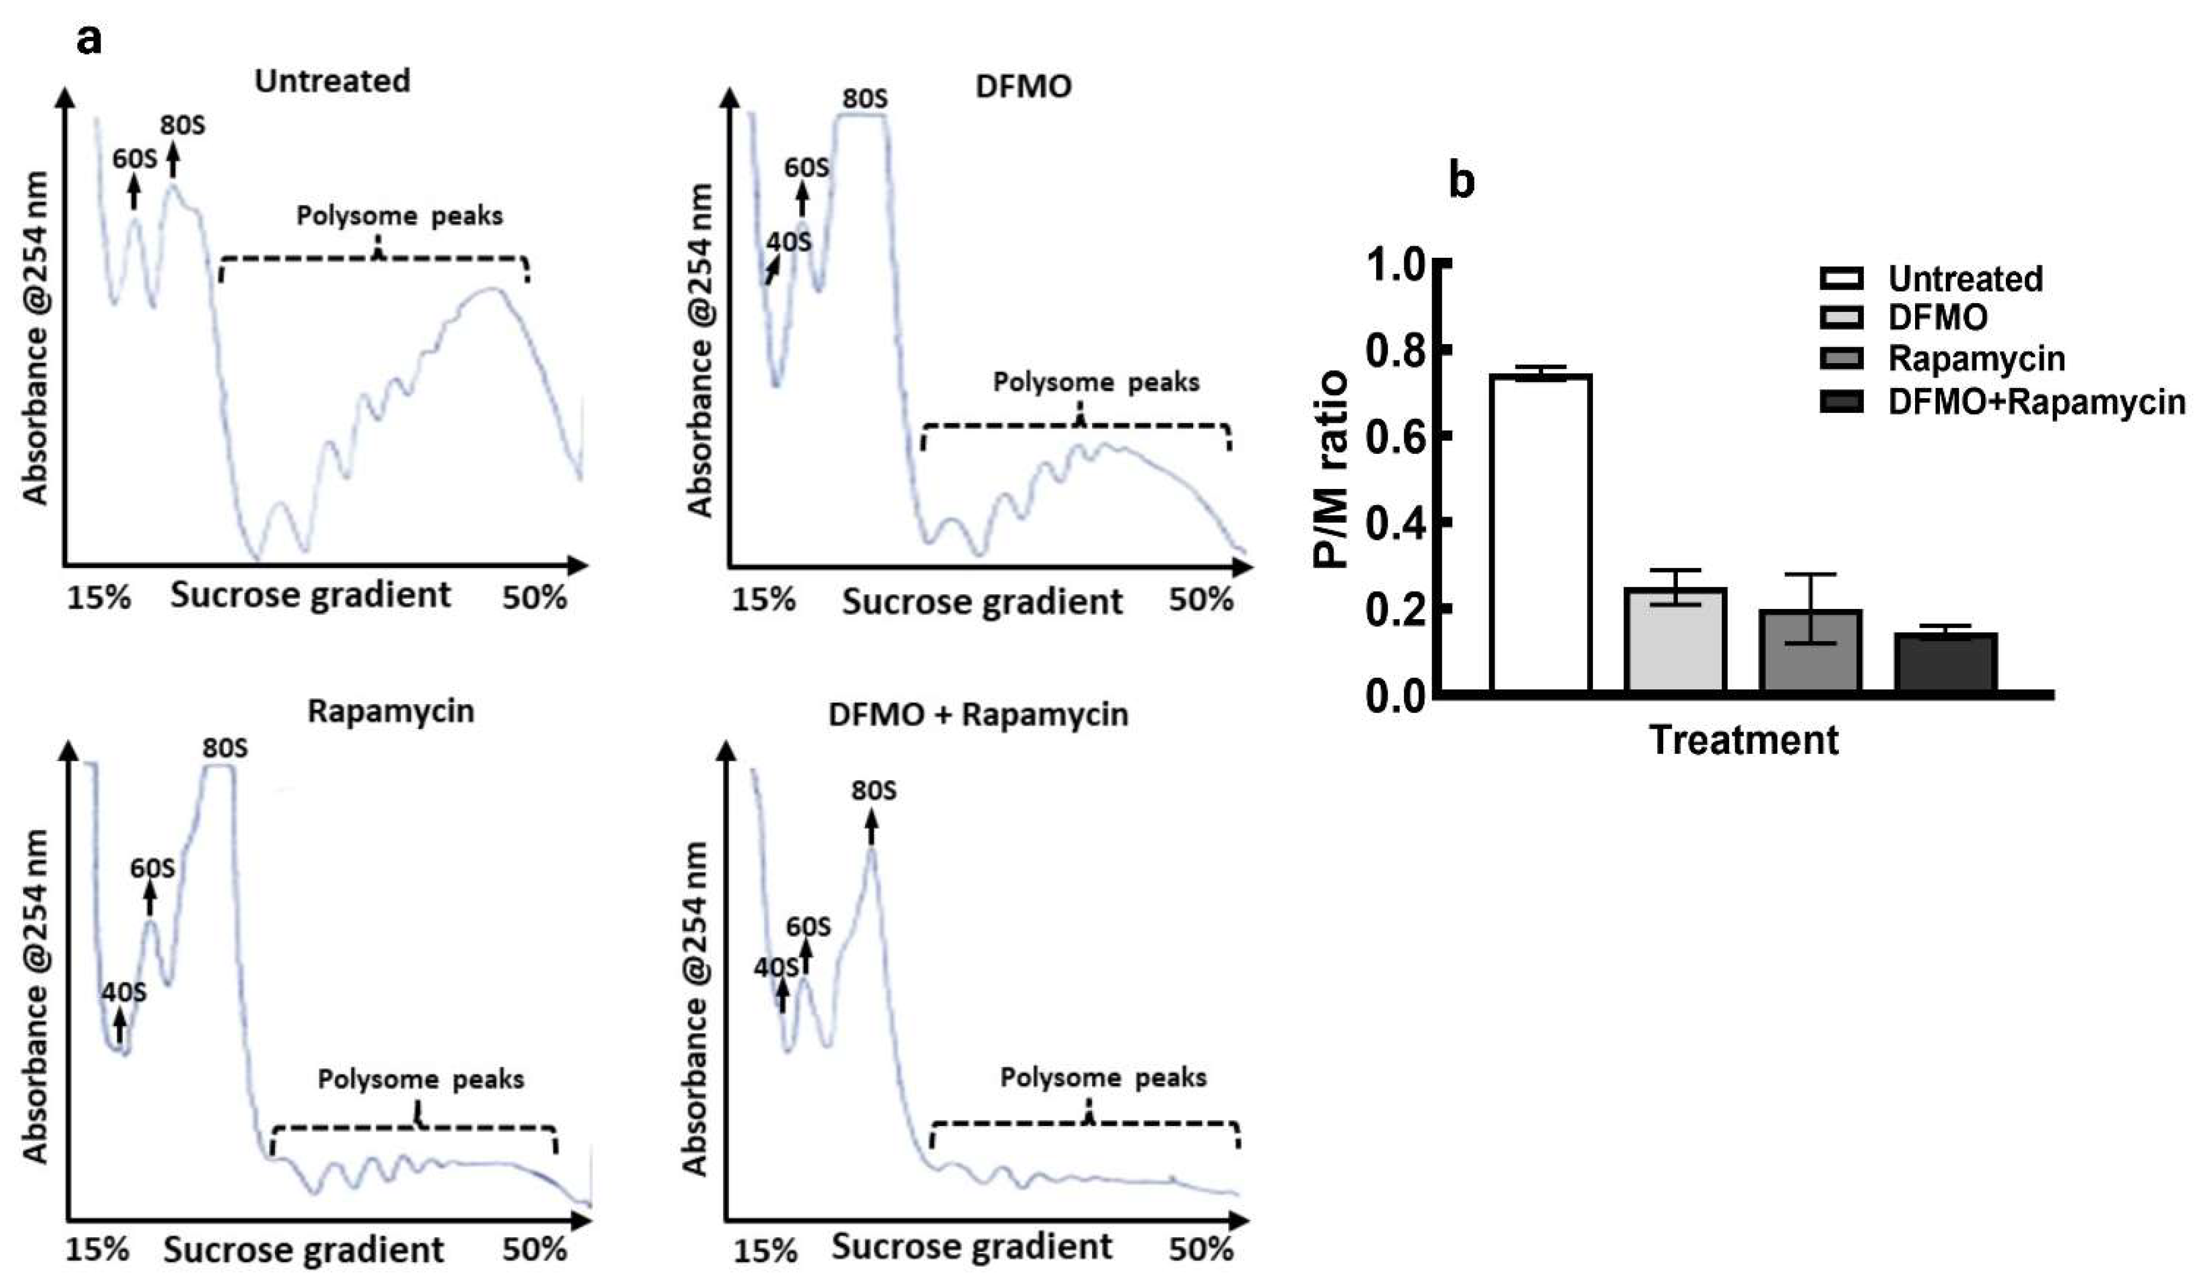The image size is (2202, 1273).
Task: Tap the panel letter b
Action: [1462, 181]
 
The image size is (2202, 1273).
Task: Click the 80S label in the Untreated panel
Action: [183, 126]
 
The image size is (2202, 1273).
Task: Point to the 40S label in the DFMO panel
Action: [789, 241]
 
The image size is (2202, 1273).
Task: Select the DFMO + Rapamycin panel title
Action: [978, 715]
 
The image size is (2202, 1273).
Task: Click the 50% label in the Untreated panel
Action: [534, 598]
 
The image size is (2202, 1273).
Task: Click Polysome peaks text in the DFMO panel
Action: [1096, 383]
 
